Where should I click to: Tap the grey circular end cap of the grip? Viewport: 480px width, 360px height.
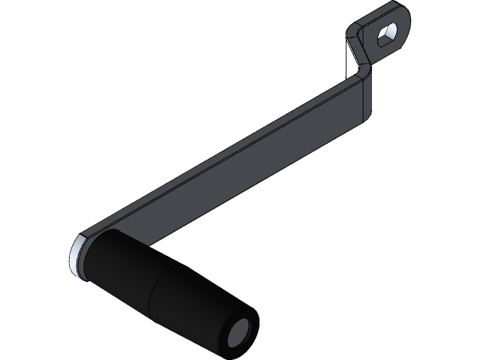coord(241,331)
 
